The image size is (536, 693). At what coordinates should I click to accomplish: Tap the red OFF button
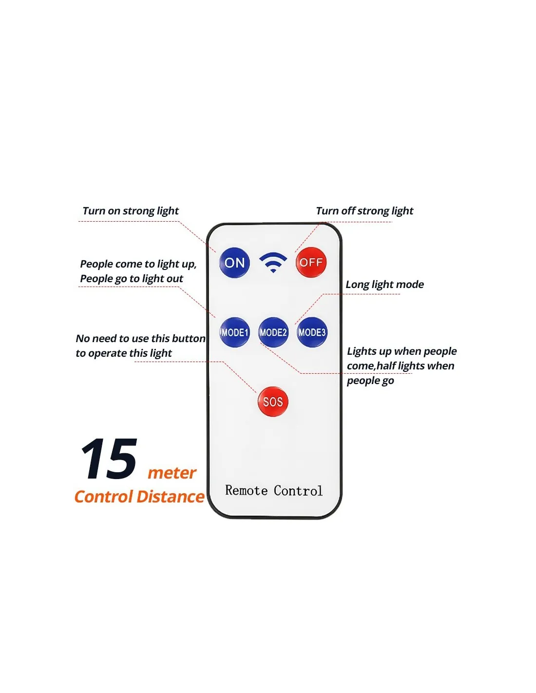(310, 262)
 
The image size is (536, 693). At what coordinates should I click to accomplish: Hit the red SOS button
(272, 402)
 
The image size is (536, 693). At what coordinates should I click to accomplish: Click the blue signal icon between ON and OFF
(272, 262)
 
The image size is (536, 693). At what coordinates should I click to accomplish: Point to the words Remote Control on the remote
(273, 490)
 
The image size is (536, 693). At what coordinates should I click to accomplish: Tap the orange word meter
(172, 473)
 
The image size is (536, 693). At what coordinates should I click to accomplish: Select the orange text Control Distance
(139, 497)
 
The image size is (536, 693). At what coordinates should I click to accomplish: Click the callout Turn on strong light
(131, 211)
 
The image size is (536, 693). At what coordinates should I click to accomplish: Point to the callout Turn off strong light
(364, 211)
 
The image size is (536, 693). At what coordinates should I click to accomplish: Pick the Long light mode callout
(384, 285)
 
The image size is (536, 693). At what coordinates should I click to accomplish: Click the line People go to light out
(132, 279)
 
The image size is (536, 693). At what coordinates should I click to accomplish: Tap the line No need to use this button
(141, 338)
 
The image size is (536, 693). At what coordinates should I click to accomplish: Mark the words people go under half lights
(370, 381)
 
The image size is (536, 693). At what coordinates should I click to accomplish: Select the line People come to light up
(138, 264)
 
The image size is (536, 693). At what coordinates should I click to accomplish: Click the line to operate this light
(124, 353)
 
